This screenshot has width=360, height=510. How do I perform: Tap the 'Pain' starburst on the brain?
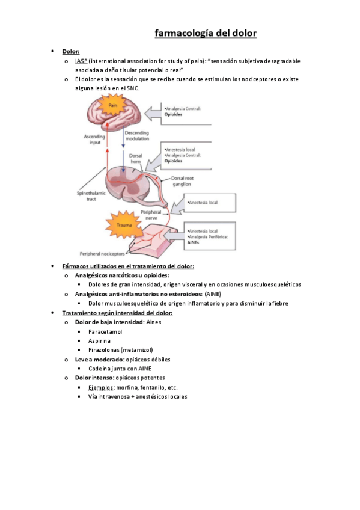click(112, 106)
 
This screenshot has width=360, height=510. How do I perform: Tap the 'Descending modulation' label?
click(138, 135)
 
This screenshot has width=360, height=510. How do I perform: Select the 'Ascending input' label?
click(95, 140)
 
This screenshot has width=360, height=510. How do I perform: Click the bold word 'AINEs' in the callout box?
click(194, 242)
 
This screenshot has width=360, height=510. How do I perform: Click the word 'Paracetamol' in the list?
click(105, 331)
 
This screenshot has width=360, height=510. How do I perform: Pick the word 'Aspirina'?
click(99, 340)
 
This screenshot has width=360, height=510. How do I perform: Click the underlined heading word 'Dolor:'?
click(70, 52)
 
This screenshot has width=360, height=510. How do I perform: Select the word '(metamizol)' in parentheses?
click(136, 349)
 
